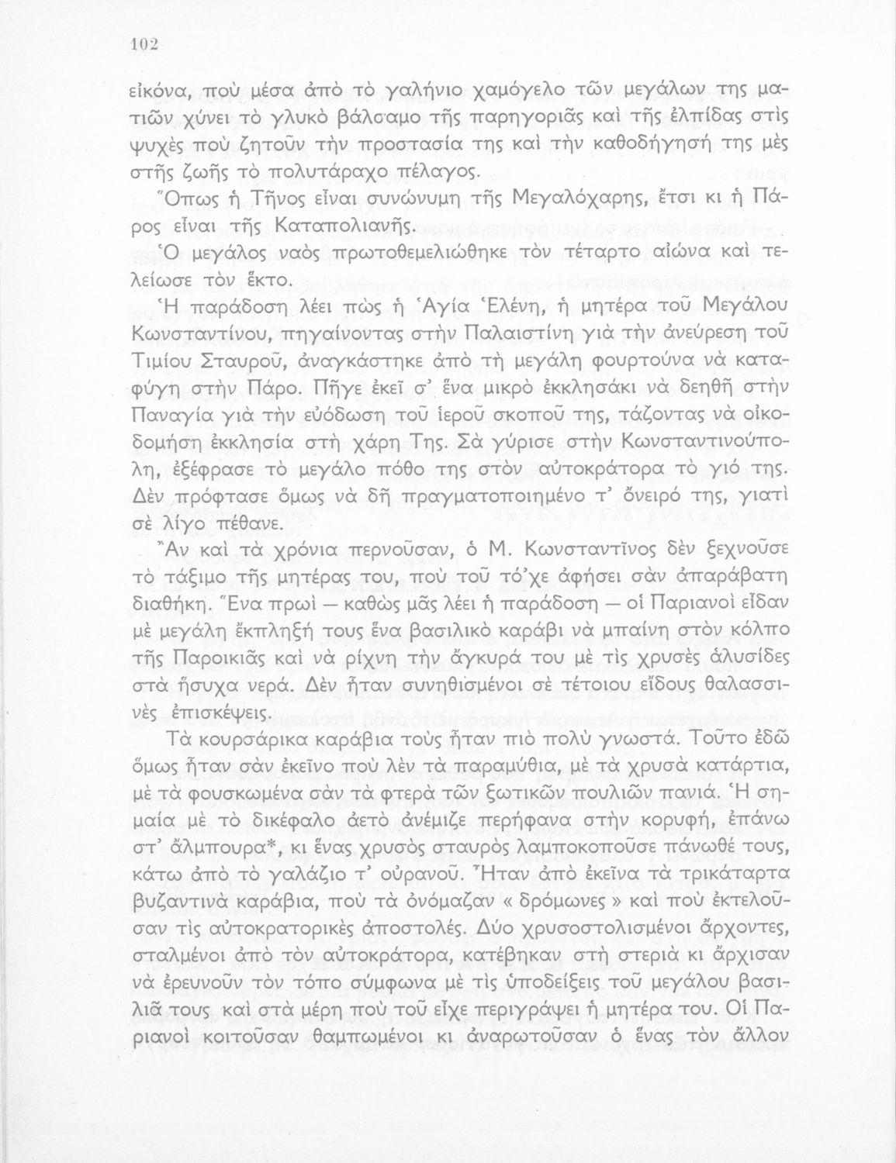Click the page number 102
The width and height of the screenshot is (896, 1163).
click(144, 44)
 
